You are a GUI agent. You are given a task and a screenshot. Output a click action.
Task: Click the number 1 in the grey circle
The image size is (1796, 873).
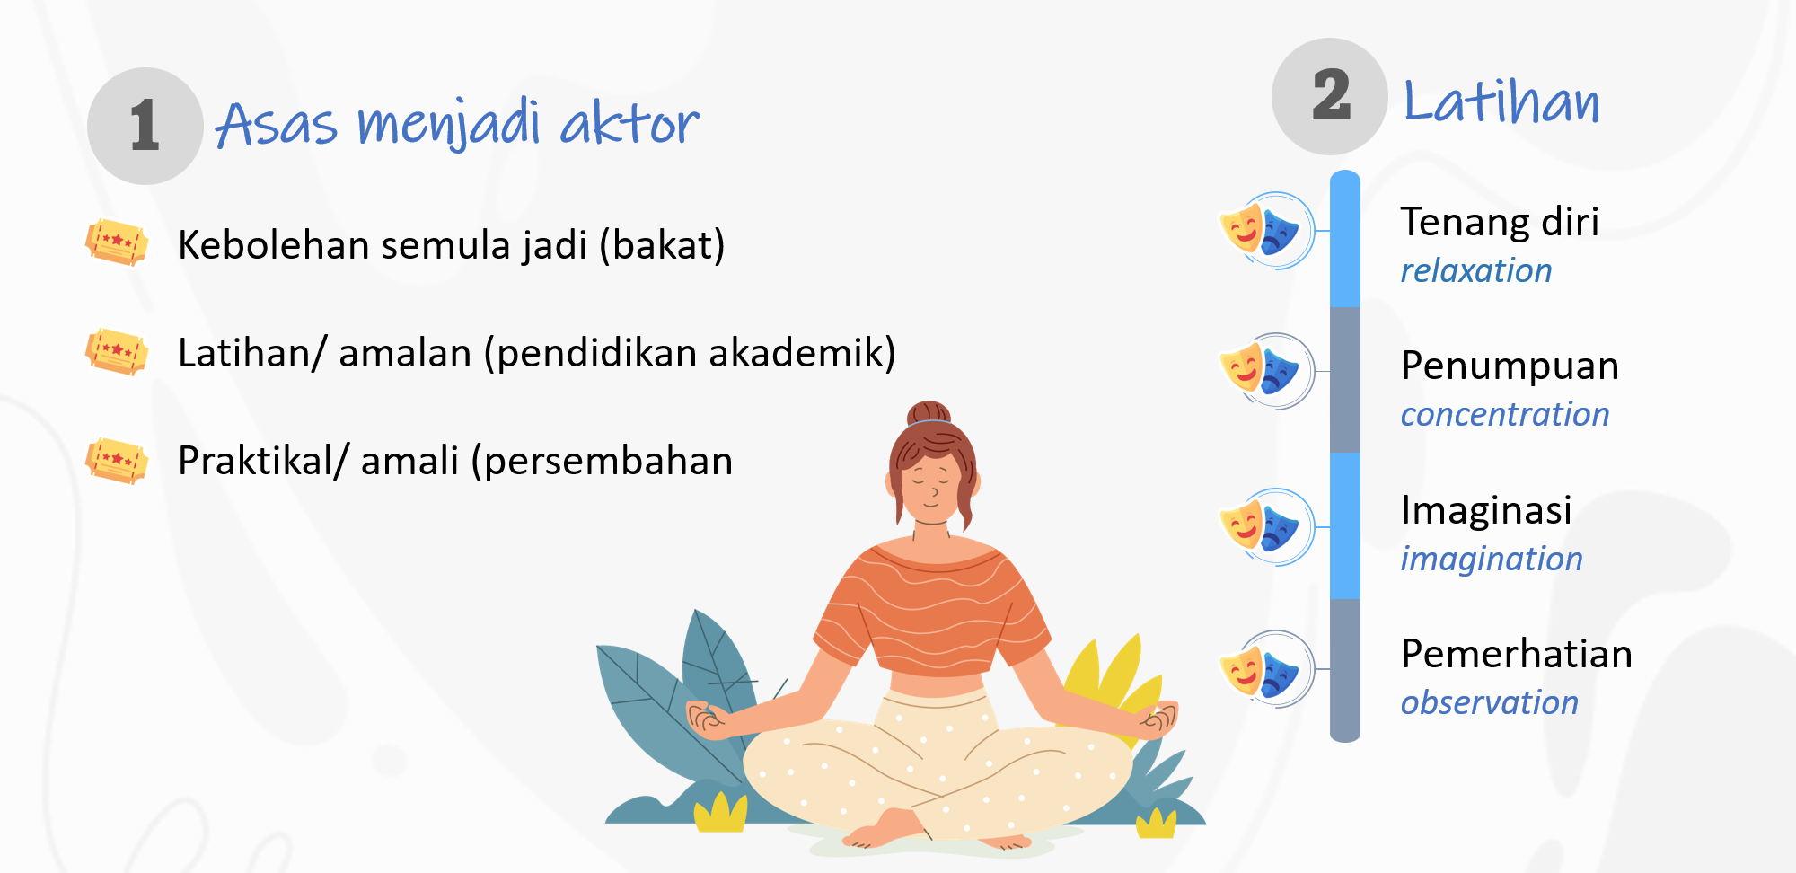(x=145, y=125)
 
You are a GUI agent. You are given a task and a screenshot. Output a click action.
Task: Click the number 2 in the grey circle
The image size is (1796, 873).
(x=1331, y=95)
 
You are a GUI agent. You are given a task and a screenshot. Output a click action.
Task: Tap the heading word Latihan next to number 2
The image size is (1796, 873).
(x=1501, y=101)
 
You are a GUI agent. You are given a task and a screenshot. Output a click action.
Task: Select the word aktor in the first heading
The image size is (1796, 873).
(x=629, y=123)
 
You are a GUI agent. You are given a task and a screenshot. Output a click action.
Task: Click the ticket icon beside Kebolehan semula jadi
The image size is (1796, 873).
(x=117, y=242)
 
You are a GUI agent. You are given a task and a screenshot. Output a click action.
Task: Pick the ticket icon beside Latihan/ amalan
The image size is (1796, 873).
(x=117, y=351)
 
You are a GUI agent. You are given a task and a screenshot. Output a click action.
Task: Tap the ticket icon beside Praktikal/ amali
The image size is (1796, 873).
(x=117, y=460)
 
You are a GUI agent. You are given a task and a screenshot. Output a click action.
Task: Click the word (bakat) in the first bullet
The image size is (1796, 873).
(x=662, y=245)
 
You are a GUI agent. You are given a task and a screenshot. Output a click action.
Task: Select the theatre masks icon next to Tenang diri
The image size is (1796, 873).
(x=1266, y=231)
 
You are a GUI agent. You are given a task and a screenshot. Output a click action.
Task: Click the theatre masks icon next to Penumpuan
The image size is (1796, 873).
(x=1266, y=371)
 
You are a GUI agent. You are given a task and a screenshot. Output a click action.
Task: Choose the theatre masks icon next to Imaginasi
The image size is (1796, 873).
(x=1266, y=527)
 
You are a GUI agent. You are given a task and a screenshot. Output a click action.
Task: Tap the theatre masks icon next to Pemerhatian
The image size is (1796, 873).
(x=1266, y=669)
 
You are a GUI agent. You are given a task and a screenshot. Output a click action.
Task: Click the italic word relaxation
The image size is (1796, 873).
(x=1476, y=270)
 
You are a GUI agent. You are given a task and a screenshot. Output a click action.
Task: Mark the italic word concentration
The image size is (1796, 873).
(x=1505, y=414)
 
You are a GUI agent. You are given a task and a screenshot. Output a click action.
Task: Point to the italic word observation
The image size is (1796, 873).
(x=1490, y=702)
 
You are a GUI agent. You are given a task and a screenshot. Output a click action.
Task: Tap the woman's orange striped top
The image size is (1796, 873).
(x=934, y=611)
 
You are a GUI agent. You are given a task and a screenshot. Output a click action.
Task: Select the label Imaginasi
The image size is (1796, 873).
(x=1486, y=510)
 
